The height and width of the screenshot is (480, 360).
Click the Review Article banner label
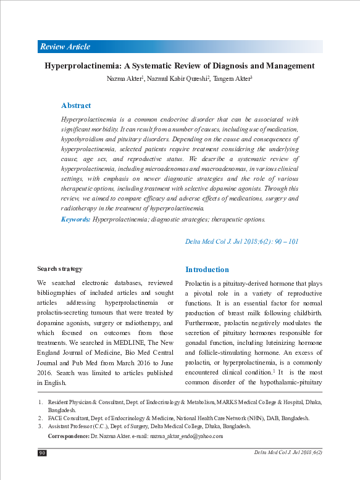click(x=65, y=46)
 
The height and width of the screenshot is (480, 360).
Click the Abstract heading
click(x=76, y=106)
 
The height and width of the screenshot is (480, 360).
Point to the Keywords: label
click(x=76, y=219)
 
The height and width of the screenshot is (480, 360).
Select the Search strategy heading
click(x=59, y=269)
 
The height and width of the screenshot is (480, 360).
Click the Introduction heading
click(x=207, y=270)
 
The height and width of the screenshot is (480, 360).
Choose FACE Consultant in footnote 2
click(x=69, y=417)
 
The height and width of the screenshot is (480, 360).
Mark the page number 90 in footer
click(x=43, y=453)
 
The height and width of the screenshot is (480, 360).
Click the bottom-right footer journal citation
click(x=288, y=453)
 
